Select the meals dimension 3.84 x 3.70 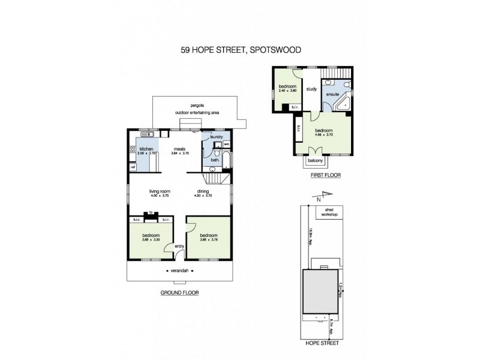click(179, 154)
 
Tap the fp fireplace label click(151, 211)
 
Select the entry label click(179, 246)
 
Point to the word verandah click(181, 271)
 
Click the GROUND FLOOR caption click(179, 293)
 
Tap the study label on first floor click(311, 89)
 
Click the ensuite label click(332, 95)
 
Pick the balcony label click(316, 160)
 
